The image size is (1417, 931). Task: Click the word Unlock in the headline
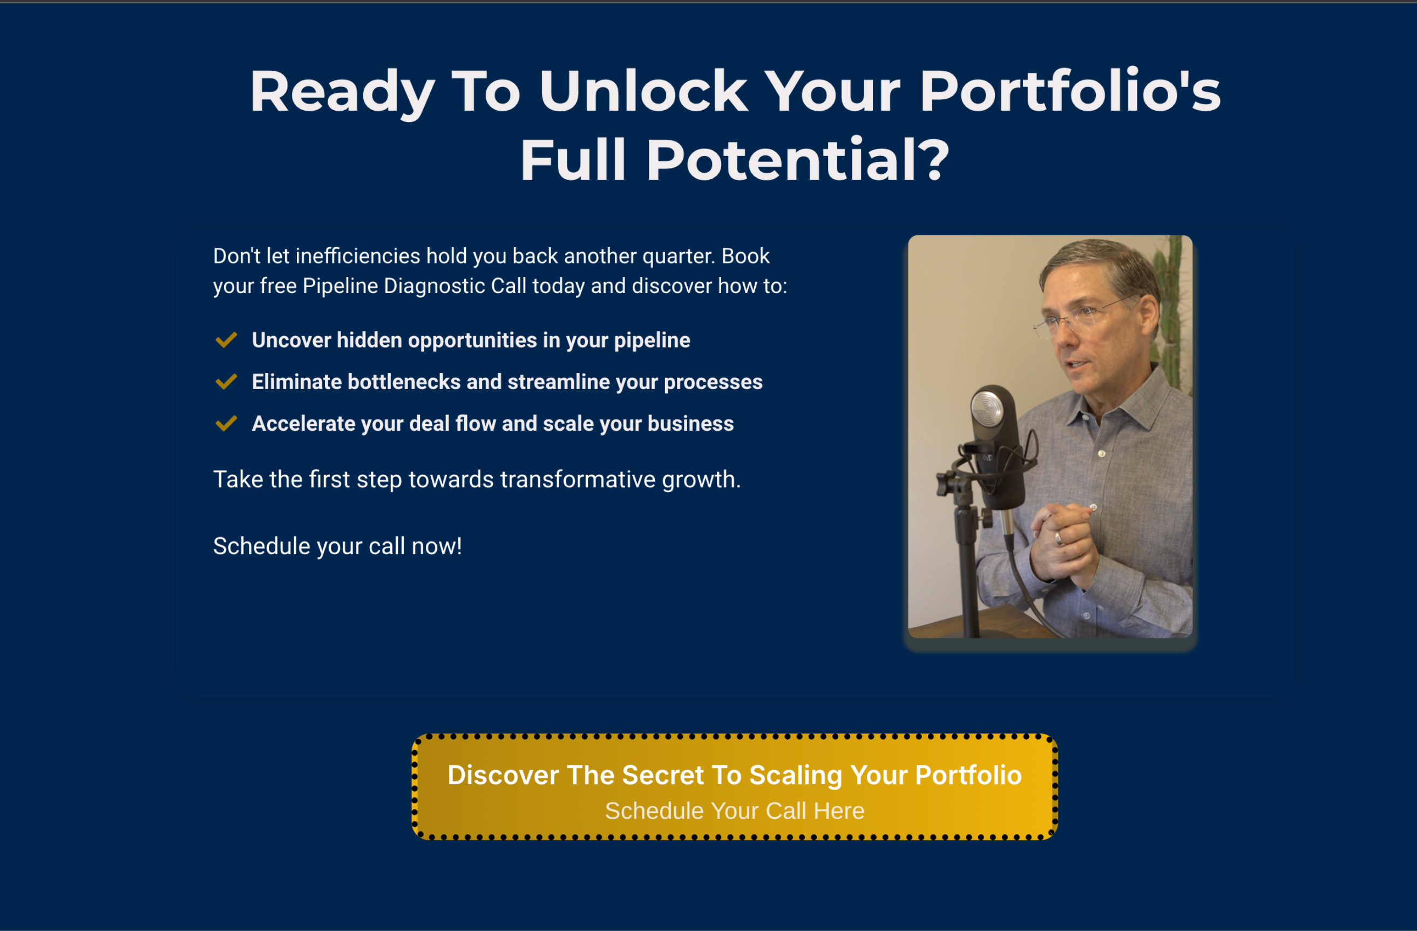click(643, 91)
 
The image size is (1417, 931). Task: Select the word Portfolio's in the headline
click(1070, 91)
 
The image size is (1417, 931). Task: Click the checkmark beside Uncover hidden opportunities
click(226, 340)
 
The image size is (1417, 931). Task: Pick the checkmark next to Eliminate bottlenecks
click(226, 382)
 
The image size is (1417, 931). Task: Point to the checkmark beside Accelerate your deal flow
click(226, 423)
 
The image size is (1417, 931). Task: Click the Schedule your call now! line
click(337, 546)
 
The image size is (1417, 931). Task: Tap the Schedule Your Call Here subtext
click(735, 811)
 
